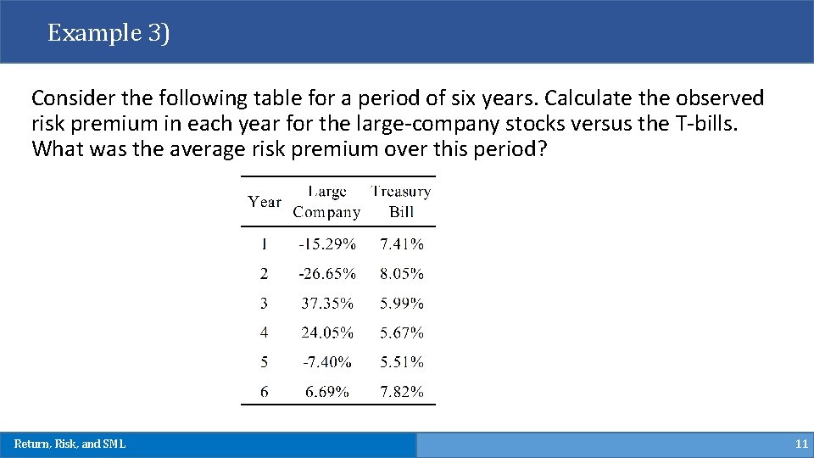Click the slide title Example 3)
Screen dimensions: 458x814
pos(109,33)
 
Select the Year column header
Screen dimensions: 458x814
pos(265,202)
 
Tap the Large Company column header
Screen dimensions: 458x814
pos(326,202)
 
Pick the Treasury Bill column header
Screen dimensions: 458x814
pos(401,202)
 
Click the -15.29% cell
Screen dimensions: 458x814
pos(326,244)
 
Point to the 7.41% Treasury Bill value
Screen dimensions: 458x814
pos(402,244)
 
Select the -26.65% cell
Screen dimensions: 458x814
pos(326,274)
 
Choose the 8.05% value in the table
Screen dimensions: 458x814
pos(402,274)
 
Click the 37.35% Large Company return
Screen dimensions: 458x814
pos(326,304)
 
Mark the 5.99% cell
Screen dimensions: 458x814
pos(402,304)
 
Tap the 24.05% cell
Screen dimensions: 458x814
pos(326,333)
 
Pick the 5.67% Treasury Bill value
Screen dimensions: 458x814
pos(402,333)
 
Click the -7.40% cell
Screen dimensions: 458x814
pos(326,362)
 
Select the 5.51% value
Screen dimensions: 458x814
pos(402,362)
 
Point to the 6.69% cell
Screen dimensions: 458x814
pos(326,392)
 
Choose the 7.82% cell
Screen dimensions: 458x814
pos(402,392)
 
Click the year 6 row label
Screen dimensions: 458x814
pos(265,392)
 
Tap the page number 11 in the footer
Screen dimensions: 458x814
pos(801,444)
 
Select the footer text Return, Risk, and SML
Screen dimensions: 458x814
pos(70,444)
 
